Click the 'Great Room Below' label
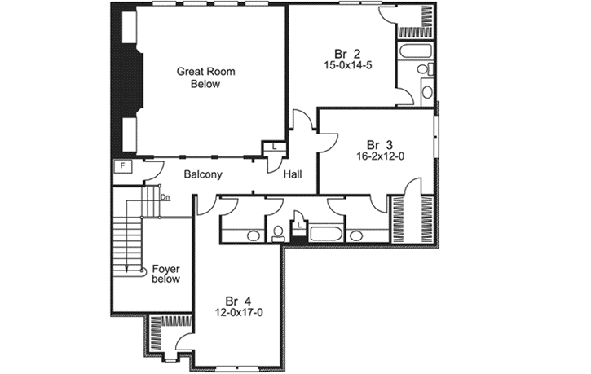[x=206, y=77]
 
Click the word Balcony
[x=203, y=174]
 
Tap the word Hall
[x=294, y=174]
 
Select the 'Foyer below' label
[x=165, y=274]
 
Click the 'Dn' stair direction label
[x=165, y=197]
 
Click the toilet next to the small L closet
[x=278, y=234]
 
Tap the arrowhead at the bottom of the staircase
[x=128, y=266]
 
